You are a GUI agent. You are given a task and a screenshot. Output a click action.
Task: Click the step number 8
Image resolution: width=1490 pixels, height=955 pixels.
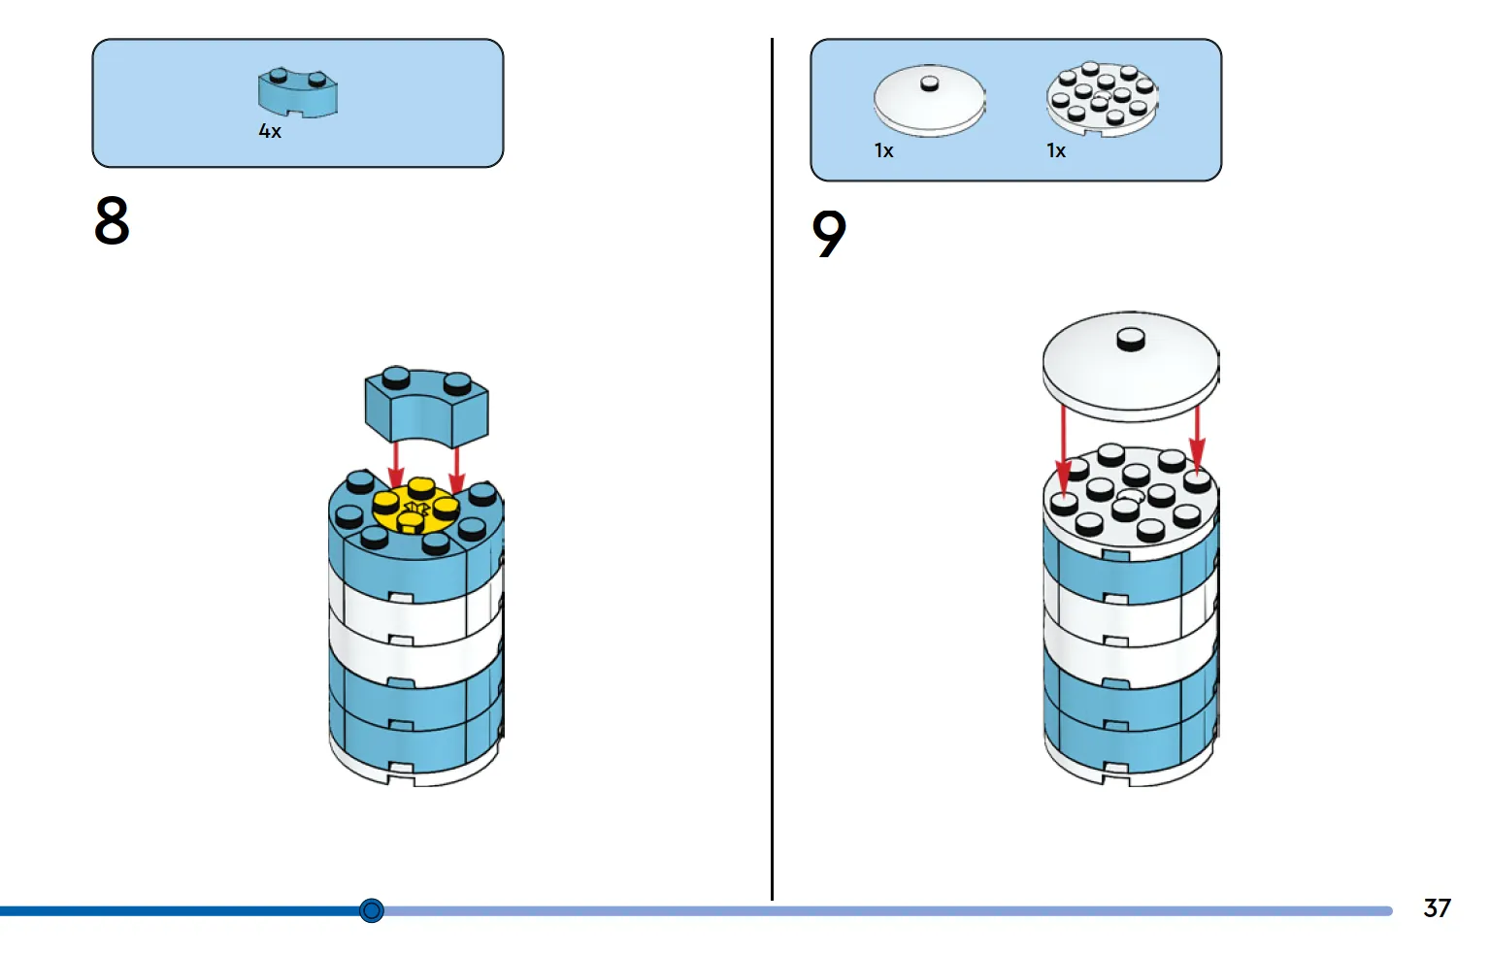click(112, 220)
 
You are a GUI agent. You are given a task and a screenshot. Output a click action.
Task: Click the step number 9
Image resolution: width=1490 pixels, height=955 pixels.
click(829, 234)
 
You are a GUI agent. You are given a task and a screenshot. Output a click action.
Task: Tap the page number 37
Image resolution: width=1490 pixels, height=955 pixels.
click(1437, 907)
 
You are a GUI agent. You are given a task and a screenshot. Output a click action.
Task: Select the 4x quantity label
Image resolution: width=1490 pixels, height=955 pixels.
click(270, 131)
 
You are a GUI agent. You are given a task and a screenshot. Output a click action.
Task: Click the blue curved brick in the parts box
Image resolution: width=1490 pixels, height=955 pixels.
click(297, 92)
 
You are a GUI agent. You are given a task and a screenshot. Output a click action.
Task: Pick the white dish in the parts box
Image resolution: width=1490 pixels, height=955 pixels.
click(929, 101)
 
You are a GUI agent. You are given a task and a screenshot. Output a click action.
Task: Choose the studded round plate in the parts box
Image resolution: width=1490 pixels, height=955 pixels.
click(1102, 99)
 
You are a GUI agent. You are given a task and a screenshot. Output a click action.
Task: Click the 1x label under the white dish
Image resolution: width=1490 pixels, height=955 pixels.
click(883, 151)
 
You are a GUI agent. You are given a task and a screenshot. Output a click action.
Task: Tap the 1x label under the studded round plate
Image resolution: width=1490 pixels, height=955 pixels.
click(1056, 151)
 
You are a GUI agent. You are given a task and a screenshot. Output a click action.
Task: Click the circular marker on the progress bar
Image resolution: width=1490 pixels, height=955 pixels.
click(371, 909)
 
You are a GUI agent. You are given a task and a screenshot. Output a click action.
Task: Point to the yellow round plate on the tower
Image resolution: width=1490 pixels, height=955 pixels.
click(416, 509)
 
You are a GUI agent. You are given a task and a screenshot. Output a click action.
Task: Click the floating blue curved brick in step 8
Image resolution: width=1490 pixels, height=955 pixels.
click(426, 407)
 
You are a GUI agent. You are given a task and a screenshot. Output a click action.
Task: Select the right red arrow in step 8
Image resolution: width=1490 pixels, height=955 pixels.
click(456, 470)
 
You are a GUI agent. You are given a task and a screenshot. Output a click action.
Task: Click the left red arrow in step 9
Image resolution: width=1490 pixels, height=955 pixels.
click(1064, 452)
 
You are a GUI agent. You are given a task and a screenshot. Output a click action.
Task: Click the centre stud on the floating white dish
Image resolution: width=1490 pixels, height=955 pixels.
click(1130, 339)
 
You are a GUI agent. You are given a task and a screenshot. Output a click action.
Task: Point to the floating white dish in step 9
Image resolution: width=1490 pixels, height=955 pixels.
click(1130, 367)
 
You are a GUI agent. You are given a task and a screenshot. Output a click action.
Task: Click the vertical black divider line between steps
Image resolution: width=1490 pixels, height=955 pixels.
click(773, 469)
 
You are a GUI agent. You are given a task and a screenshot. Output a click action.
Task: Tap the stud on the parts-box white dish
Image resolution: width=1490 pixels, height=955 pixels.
click(929, 83)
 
